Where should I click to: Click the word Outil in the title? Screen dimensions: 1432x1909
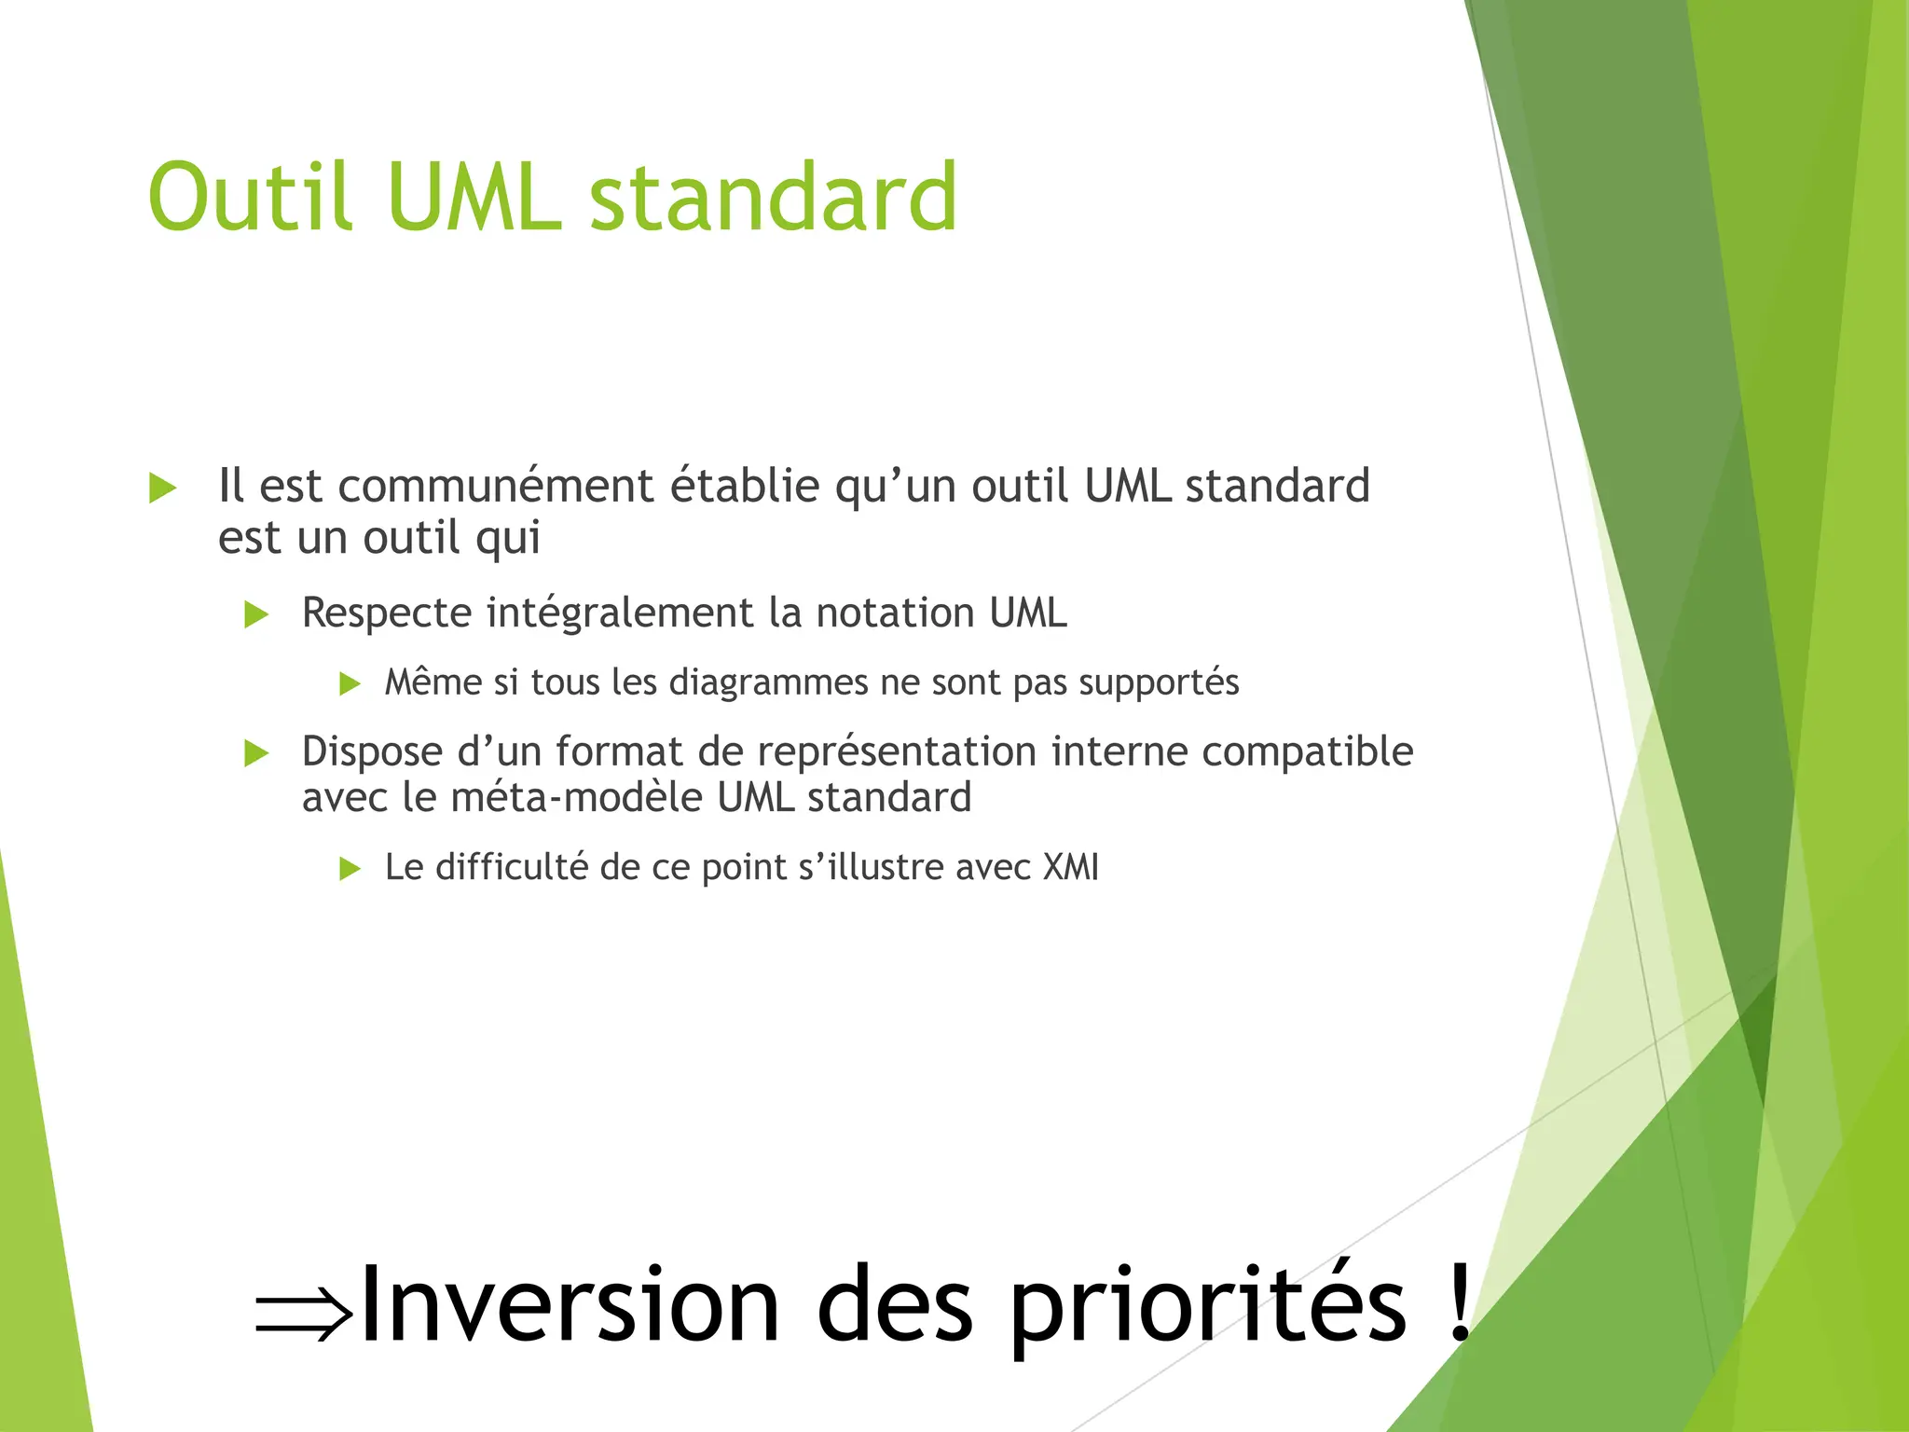pos(250,198)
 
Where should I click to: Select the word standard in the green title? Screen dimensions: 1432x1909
pos(773,198)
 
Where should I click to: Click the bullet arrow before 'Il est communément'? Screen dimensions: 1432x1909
pos(163,488)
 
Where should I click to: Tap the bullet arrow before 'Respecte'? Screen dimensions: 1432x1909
pos(256,615)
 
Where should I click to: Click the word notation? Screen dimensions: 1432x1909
pos(895,613)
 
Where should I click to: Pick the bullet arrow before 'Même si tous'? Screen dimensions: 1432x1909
pos(350,684)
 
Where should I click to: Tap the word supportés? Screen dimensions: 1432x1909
pos(1159,683)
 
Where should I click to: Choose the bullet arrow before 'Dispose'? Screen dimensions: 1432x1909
pos(256,753)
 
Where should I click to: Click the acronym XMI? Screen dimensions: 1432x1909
pos(1071,868)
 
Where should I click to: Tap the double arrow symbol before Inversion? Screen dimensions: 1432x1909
pos(304,1315)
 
